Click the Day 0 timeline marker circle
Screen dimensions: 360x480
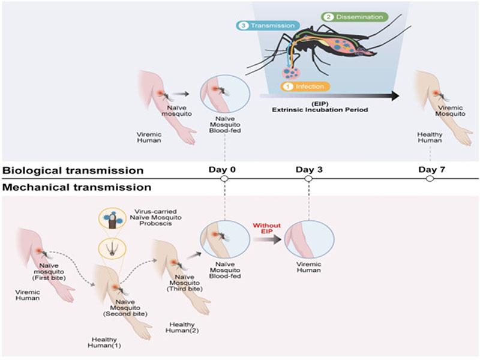click(x=224, y=179)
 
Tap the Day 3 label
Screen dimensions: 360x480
click(x=308, y=170)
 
